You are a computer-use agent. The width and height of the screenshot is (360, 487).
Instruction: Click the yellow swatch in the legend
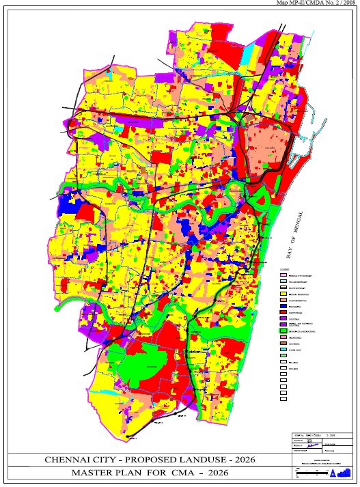pyautogui.click(x=283, y=294)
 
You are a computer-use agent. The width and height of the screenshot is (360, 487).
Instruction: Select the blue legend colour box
pyautogui.click(x=283, y=307)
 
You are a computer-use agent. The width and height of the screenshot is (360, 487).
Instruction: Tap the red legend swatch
pyautogui.click(x=283, y=313)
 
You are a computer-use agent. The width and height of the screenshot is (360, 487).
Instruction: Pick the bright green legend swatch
pyautogui.click(x=283, y=331)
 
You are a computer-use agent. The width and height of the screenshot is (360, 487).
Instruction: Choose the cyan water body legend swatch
pyautogui.click(x=283, y=350)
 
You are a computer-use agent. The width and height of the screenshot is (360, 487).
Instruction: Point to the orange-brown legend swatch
pyautogui.click(x=283, y=338)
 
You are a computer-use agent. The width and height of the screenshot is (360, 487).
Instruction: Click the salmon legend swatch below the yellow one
pyautogui.click(x=283, y=301)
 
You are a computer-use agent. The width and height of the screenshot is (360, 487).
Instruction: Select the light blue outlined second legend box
pyautogui.click(x=283, y=281)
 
